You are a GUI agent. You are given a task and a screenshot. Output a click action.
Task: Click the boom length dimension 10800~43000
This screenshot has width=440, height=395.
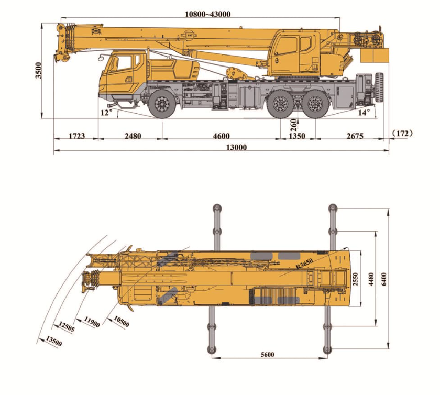pos(207,14)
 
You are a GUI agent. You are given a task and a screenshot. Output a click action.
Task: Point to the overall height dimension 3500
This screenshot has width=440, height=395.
pos(38,71)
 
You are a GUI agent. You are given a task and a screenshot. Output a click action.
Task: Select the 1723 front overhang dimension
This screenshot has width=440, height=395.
pos(77,136)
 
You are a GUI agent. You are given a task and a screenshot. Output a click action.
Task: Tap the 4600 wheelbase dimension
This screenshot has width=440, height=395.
pos(222,136)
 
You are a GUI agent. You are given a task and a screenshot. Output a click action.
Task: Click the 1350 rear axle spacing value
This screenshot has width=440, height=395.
pos(297,136)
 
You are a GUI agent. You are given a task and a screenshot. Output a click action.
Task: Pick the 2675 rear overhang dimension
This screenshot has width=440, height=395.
pos(355,136)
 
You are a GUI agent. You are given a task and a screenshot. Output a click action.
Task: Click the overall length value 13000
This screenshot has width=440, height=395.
pos(237,147)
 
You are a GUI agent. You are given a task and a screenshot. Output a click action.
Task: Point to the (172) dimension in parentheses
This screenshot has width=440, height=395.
pos(403,134)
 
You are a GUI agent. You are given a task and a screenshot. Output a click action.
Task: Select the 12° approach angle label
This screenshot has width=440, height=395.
pos(106,113)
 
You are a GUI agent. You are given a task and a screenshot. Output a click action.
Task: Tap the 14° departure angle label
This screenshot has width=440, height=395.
pos(364,113)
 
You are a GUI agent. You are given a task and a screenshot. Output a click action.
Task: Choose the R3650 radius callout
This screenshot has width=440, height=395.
pos(304,264)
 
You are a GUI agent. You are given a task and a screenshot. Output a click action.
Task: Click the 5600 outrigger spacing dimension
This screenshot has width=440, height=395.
pos(268,355)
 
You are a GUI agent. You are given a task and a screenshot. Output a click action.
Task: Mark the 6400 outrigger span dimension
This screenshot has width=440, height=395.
pos(384,279)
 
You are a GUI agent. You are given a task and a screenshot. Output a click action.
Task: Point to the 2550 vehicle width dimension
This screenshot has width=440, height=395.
pos(355,279)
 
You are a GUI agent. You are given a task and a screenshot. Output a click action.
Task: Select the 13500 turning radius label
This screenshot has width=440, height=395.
pos(54,342)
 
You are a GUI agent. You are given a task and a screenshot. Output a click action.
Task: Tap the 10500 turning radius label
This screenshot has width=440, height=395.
pos(122,322)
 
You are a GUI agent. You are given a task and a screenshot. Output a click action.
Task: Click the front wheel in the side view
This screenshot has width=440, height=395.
pos(162,104)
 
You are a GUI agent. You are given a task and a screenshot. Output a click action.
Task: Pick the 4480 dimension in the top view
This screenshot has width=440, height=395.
pos(371,279)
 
